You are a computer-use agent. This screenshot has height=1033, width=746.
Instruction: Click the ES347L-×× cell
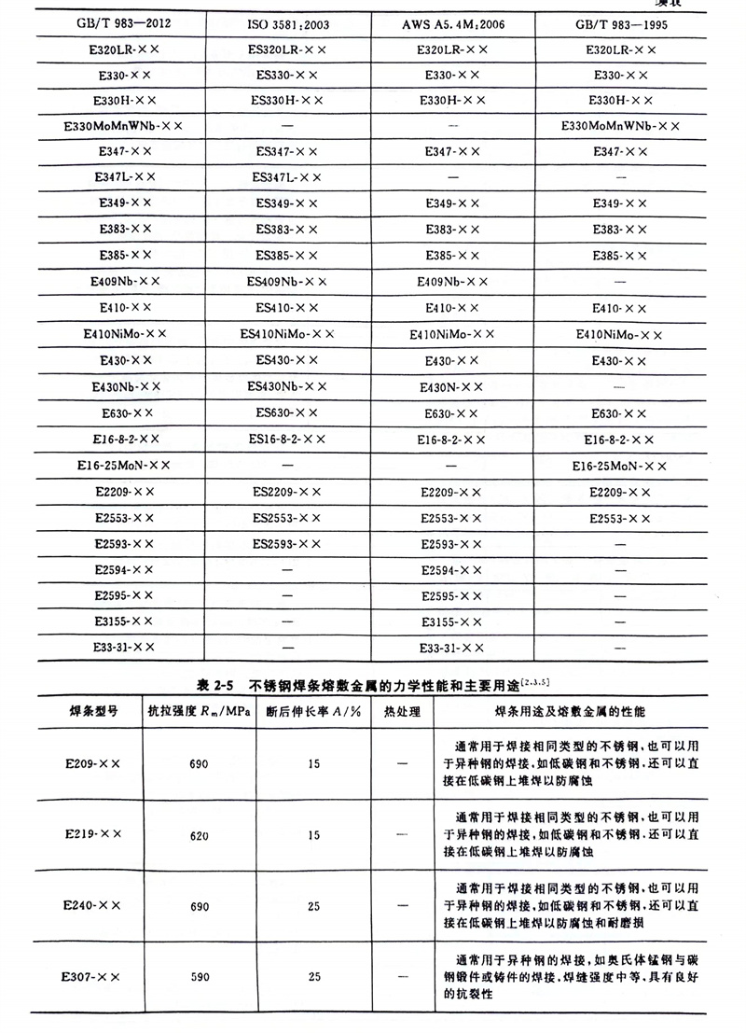[x=287, y=176]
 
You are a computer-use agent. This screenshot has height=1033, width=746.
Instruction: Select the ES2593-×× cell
[x=287, y=543]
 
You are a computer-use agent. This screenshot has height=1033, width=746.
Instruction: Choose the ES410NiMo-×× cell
[x=287, y=333]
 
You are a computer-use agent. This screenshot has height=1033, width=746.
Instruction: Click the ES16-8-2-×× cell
[x=287, y=439]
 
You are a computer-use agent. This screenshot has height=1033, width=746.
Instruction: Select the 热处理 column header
[x=402, y=712]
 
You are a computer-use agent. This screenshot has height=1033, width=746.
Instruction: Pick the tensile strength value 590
[x=199, y=977]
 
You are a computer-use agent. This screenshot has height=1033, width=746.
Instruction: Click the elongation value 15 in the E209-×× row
[x=313, y=764]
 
